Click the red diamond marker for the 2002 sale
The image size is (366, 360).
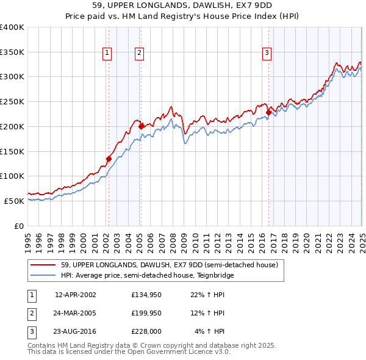click(109, 159)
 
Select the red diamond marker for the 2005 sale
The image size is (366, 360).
click(142, 126)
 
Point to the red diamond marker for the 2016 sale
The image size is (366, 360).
click(268, 112)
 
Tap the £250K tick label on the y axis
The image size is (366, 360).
click(12, 101)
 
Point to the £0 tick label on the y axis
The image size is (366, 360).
click(19, 226)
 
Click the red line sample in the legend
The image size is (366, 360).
click(43, 265)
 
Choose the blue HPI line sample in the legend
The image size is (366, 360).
click(43, 275)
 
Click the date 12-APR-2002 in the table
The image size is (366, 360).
click(76, 295)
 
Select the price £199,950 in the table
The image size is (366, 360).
click(146, 313)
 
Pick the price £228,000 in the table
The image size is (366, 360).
click(146, 331)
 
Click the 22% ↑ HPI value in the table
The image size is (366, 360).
click(209, 295)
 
